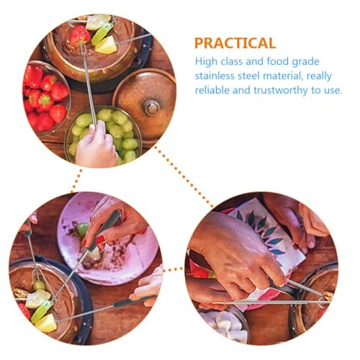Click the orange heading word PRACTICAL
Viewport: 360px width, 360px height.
235,42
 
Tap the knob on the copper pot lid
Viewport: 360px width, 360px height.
152,107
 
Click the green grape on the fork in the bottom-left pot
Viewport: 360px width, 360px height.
40,285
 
